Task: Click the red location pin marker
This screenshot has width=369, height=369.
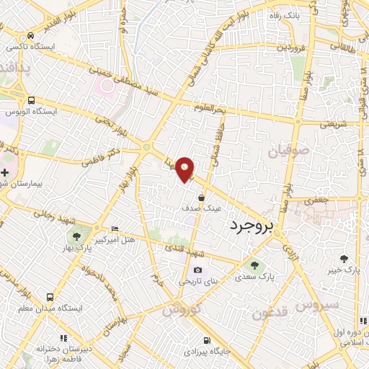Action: click(x=186, y=169)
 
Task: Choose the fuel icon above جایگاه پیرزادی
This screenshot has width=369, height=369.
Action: click(x=208, y=340)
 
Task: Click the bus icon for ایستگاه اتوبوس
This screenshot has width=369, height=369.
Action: click(x=31, y=101)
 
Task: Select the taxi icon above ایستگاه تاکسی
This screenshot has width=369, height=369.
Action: click(x=30, y=35)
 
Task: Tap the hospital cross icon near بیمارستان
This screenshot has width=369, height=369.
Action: click(x=5, y=173)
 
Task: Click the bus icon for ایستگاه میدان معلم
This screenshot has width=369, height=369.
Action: click(x=50, y=296)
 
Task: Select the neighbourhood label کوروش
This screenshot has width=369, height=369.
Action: click(x=178, y=311)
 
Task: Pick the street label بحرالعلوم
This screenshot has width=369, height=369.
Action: click(x=211, y=107)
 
